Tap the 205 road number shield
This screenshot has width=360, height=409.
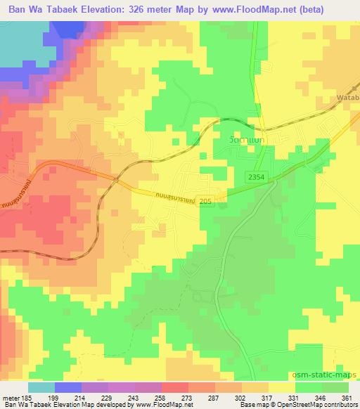click(203, 201)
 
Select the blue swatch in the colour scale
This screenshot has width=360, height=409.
click(67, 387)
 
